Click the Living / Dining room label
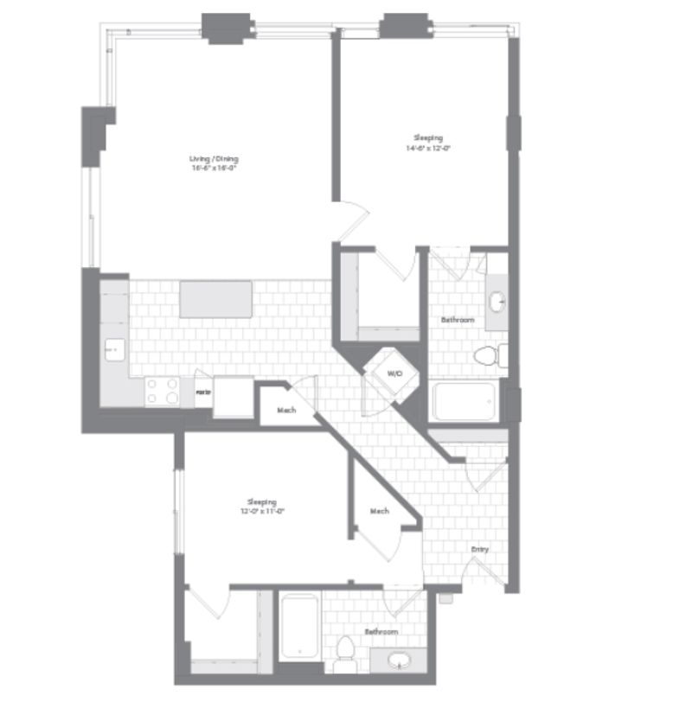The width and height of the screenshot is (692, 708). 214,159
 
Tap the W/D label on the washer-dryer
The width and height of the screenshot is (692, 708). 394,373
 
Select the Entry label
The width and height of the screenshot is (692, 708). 478,549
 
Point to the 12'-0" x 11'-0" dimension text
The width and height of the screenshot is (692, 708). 261,511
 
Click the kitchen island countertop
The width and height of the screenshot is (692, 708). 215,298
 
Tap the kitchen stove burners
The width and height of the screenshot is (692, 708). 162,392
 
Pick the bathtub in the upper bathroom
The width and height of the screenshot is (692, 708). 465,401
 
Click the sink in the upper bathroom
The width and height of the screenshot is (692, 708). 497,302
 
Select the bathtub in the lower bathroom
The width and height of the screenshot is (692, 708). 298,627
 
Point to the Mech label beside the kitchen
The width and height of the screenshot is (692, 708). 286,410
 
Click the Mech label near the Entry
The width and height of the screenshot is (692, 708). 379,511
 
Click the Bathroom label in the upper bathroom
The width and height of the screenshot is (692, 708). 458,320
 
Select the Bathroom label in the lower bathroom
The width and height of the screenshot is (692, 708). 381,632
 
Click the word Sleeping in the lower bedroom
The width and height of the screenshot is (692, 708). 261,502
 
